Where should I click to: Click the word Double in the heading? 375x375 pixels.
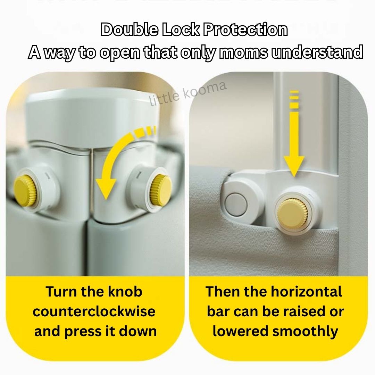pos(130,30)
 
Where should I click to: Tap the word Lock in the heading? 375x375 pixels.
pos(181,30)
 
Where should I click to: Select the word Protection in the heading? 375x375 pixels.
pos(245,30)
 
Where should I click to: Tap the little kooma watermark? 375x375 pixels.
pos(188,93)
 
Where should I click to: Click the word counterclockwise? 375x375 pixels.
pos(94,311)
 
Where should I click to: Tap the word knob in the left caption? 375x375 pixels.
pos(125,292)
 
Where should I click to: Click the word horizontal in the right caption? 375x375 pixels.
pos(306,292)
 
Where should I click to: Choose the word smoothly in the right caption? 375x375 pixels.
pos(305,332)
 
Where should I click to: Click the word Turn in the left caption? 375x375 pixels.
pos(62,292)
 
